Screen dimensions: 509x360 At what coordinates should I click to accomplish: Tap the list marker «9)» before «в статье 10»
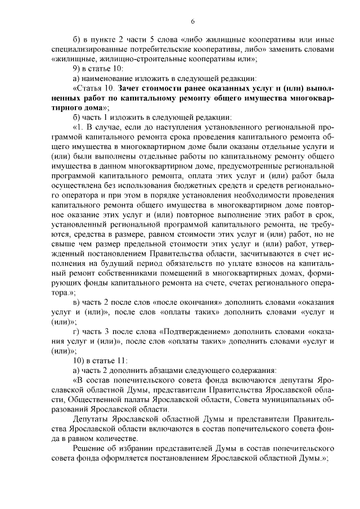[x=78, y=68]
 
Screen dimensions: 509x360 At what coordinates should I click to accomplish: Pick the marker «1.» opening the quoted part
[x=80, y=128]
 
